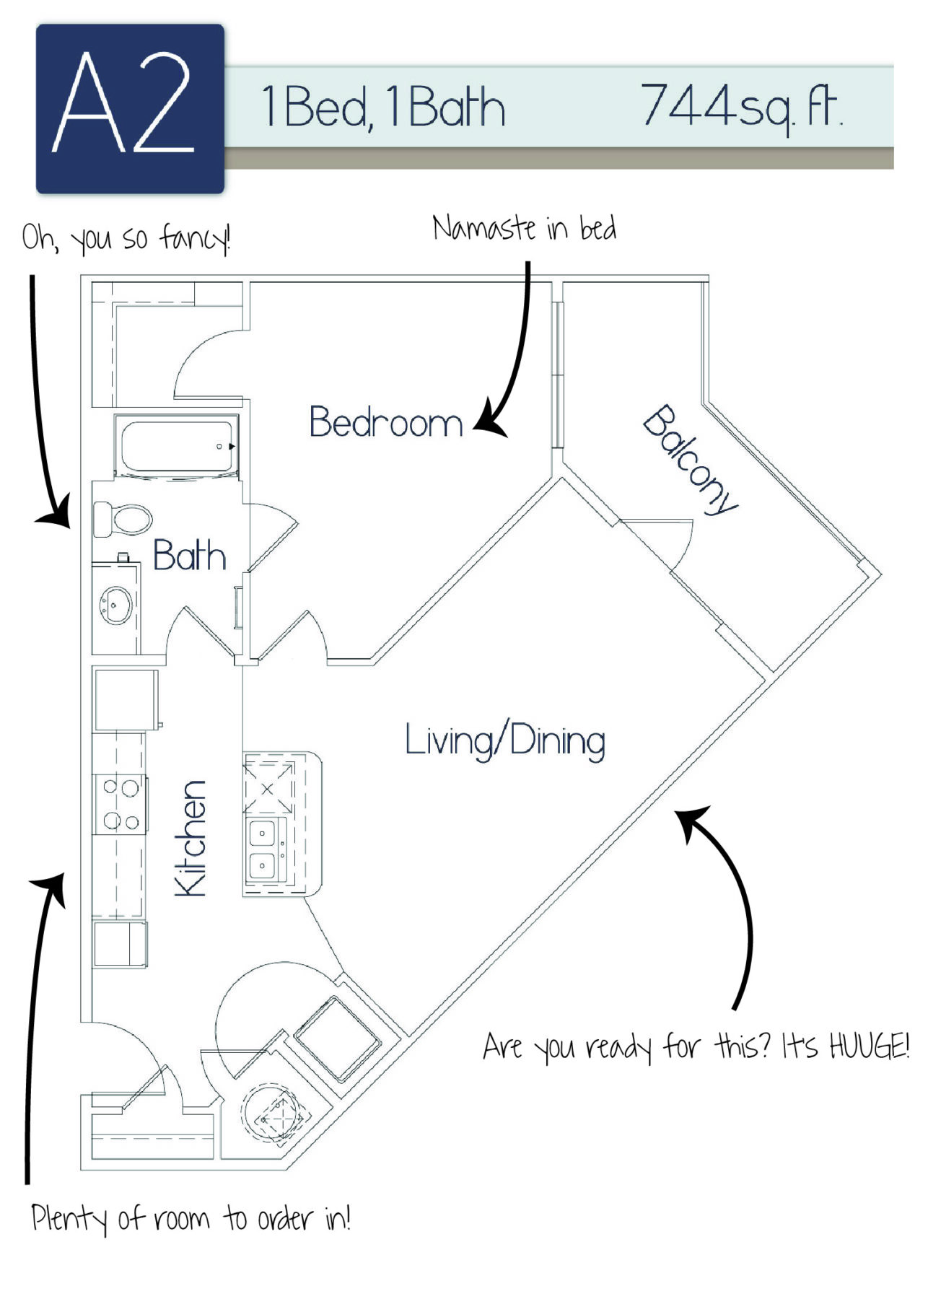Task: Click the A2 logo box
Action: [x=130, y=109]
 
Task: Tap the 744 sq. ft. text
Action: [x=743, y=108]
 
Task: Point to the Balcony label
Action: [x=691, y=460]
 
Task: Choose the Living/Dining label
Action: [x=505, y=740]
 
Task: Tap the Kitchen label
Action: [x=191, y=839]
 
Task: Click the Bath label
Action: [x=189, y=556]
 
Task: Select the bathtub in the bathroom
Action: [x=177, y=447]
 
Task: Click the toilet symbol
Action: [x=123, y=519]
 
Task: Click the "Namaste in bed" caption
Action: [x=525, y=229]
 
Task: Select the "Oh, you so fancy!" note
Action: [x=126, y=237]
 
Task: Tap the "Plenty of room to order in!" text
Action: [x=191, y=1218]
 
